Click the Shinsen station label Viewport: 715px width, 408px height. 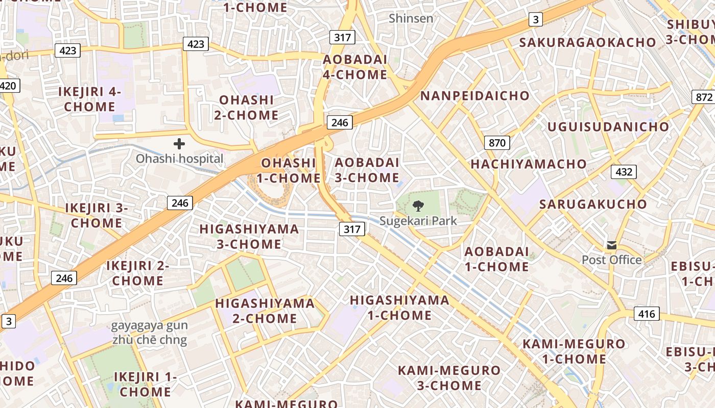point(411,18)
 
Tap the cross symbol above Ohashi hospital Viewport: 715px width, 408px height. point(179,144)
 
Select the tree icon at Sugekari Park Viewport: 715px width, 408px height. point(418,206)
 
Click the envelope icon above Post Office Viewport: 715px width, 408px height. point(612,245)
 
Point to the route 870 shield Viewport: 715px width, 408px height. point(497,142)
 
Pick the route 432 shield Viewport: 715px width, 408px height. point(624,172)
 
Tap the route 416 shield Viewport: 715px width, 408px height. point(647,314)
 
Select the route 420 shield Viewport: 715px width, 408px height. point(8,85)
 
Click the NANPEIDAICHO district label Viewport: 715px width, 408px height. point(475,95)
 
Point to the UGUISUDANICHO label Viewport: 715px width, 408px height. point(608,126)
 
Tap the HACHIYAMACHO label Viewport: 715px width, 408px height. point(529,164)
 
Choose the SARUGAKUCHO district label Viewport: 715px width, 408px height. point(593,204)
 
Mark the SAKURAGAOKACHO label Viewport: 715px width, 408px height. point(587,42)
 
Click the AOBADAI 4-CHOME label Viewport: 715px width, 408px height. point(355,67)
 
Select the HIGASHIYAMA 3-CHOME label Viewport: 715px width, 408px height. point(249,236)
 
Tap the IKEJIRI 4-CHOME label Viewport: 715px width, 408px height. point(90,99)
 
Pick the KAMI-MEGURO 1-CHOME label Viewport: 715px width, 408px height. point(574,351)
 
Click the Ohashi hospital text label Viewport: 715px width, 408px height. point(179,159)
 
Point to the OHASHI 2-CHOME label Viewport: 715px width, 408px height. point(246,107)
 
